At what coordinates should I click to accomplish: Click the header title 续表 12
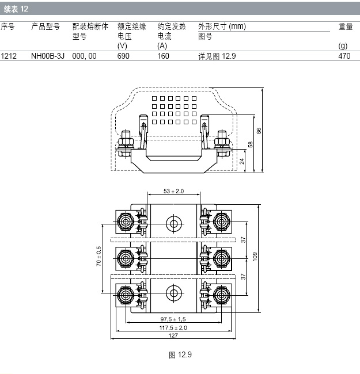16,9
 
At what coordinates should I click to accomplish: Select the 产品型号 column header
46,26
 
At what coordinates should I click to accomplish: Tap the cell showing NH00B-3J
48,56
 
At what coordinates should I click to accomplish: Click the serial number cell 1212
9,56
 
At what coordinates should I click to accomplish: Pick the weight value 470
344,56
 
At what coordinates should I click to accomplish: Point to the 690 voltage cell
123,56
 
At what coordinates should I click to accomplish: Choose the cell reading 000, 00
84,56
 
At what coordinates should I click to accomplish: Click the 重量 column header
346,26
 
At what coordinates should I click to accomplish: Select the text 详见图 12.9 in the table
217,56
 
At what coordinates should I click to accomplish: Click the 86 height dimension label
259,131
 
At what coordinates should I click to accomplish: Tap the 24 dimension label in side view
242,161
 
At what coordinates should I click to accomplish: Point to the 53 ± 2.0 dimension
173,191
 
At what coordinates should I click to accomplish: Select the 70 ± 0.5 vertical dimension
98,256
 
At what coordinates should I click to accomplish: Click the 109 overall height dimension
255,257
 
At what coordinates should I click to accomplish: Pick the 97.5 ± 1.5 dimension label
173,319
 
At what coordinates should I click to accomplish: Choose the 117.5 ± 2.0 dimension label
173,328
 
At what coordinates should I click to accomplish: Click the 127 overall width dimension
173,335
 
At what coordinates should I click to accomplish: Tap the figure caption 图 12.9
180,354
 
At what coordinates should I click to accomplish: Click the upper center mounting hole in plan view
174,224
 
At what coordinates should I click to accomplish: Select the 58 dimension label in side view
250,144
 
